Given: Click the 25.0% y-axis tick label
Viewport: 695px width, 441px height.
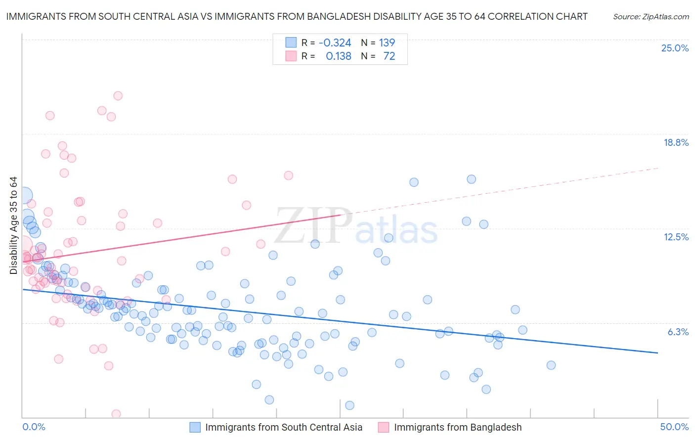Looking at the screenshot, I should point(675,48).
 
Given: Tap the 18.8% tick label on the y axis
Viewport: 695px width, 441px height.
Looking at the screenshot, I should point(676,142).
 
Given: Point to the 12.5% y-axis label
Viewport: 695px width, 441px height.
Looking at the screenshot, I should point(676,237).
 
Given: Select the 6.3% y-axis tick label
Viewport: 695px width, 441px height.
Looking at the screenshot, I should point(678,332).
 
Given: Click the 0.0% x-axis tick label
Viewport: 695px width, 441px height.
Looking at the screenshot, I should point(34,427).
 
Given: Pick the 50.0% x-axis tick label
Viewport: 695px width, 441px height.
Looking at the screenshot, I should point(674,427).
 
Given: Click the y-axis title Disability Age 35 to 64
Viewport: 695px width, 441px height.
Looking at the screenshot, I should point(13,225).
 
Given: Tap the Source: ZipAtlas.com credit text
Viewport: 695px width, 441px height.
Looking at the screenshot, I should point(651,16).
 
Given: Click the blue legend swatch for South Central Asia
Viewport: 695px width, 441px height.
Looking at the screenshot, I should point(195,427).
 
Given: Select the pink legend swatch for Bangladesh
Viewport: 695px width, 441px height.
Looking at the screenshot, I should point(384,427).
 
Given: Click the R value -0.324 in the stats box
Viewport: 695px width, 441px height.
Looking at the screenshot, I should point(335,43).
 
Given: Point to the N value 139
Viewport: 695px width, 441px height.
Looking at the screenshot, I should point(387,43).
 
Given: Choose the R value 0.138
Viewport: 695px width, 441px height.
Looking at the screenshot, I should point(339,56).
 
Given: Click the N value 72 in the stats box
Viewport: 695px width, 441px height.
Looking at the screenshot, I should point(389,56).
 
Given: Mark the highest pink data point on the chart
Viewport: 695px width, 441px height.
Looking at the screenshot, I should point(118,96).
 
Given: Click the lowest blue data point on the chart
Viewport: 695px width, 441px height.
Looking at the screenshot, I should point(349,405).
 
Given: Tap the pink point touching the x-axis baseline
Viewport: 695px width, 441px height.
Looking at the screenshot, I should point(116,414).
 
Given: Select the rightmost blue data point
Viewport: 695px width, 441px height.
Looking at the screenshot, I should point(551,365).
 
